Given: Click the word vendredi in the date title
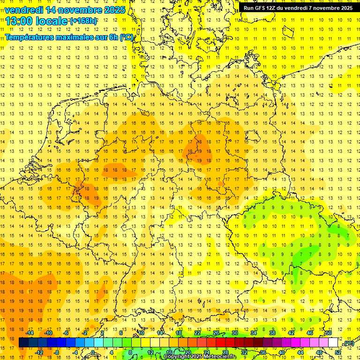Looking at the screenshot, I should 23,10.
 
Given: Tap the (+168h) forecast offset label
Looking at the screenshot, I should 84,21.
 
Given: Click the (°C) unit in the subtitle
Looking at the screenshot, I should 127,37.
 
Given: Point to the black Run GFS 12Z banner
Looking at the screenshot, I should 298,8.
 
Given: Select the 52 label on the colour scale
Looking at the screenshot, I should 338,352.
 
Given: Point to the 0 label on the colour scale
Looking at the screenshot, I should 93,352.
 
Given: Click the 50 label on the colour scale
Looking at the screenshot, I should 329,333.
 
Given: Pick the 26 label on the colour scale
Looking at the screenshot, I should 216,333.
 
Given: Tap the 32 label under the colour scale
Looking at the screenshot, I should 244,352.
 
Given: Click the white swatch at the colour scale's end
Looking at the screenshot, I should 333,343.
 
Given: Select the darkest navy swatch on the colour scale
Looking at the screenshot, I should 23,343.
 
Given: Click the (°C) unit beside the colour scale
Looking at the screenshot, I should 348,344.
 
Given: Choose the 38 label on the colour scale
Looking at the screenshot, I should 272,333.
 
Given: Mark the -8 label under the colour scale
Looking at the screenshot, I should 56,352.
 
